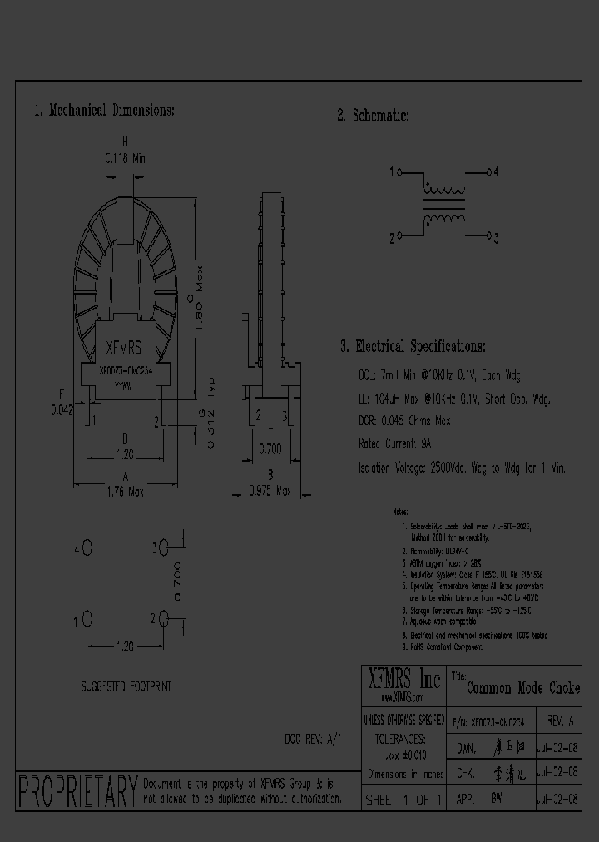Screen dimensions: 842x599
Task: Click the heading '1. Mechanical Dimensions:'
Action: pyautogui.click(x=104, y=111)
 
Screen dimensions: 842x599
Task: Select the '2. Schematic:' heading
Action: pyautogui.click(x=374, y=116)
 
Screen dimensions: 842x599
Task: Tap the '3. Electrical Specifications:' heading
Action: pyautogui.click(x=412, y=346)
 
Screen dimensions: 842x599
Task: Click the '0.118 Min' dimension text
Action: pyautogui.click(x=125, y=157)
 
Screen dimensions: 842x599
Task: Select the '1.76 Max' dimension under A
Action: pyautogui.click(x=125, y=492)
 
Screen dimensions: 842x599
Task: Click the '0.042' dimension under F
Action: pyautogui.click(x=62, y=409)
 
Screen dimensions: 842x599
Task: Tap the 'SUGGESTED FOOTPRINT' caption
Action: pyautogui.click(x=126, y=686)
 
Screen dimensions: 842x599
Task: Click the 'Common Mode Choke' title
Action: pyautogui.click(x=523, y=689)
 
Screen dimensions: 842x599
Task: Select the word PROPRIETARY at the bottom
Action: pyautogui.click(x=77, y=791)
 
